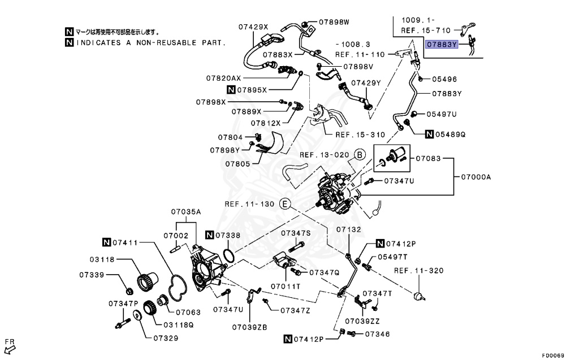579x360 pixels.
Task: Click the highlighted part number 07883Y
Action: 442,45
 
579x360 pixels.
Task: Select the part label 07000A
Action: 476,177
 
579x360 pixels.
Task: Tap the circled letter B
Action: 360,155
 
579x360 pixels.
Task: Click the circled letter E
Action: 285,204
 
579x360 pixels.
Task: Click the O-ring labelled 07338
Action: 228,255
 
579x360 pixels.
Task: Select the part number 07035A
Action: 185,212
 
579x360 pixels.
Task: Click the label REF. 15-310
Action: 360,135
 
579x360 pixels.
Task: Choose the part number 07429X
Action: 253,27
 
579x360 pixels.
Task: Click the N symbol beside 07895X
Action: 231,90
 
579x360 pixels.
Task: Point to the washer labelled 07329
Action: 137,316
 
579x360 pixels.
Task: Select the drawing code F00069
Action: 553,355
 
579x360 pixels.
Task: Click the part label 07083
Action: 429,159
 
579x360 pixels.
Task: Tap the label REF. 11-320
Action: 419,271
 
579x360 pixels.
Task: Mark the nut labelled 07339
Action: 129,291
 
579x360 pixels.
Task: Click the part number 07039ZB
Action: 249,328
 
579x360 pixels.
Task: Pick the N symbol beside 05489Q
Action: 429,135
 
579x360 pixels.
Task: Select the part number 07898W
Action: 334,22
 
